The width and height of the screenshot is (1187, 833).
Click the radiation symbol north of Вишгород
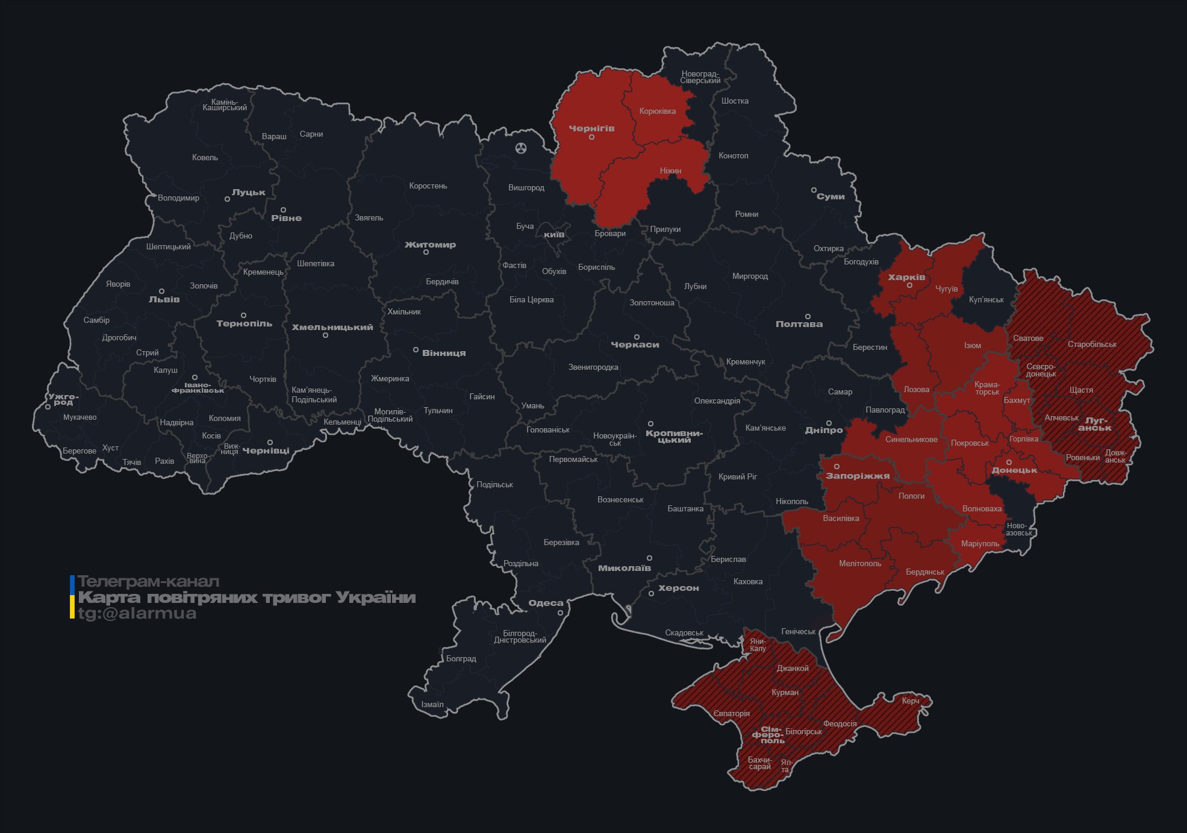(521, 148)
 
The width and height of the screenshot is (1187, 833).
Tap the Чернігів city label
(591, 128)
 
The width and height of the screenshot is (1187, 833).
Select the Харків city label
(906, 277)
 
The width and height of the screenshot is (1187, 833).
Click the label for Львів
(164, 299)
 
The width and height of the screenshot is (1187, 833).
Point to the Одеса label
(546, 603)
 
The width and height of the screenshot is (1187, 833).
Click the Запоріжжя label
(858, 476)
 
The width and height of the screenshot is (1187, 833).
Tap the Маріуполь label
(980, 544)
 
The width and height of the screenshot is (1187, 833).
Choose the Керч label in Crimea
(911, 700)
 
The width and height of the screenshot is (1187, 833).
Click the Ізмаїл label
(432, 704)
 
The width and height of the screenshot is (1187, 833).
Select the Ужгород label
(63, 399)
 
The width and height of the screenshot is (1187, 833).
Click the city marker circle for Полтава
(808, 316)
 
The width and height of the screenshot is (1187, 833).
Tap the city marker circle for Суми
(814, 190)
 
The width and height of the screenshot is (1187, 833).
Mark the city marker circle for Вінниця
(416, 349)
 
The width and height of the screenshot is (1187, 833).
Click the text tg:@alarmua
(137, 613)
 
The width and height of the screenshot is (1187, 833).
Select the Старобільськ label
(1091, 345)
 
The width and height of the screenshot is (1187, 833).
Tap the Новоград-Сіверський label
(700, 77)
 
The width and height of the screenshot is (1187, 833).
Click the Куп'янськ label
(986, 299)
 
